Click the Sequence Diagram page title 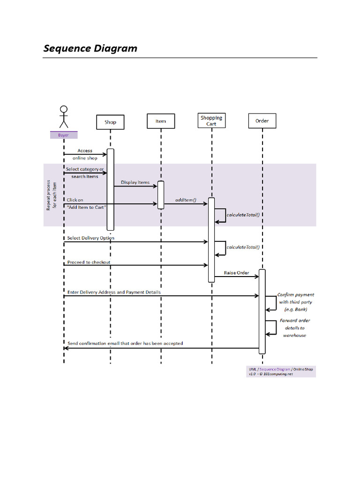(x=90, y=48)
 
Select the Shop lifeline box (x=110, y=122)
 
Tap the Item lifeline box (x=161, y=121)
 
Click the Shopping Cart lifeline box (x=211, y=120)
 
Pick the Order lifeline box (x=262, y=121)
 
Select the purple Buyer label (x=63, y=135)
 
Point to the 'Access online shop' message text (x=85, y=154)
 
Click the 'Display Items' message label (x=135, y=182)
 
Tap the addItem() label (x=185, y=200)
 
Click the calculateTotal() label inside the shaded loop (x=243, y=215)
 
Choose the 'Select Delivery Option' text (x=90, y=238)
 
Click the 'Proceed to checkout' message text (x=89, y=262)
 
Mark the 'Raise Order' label (x=236, y=273)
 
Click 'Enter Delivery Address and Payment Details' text (x=113, y=292)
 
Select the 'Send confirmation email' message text (x=125, y=343)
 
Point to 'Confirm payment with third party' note (x=295, y=302)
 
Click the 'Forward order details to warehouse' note (x=295, y=328)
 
